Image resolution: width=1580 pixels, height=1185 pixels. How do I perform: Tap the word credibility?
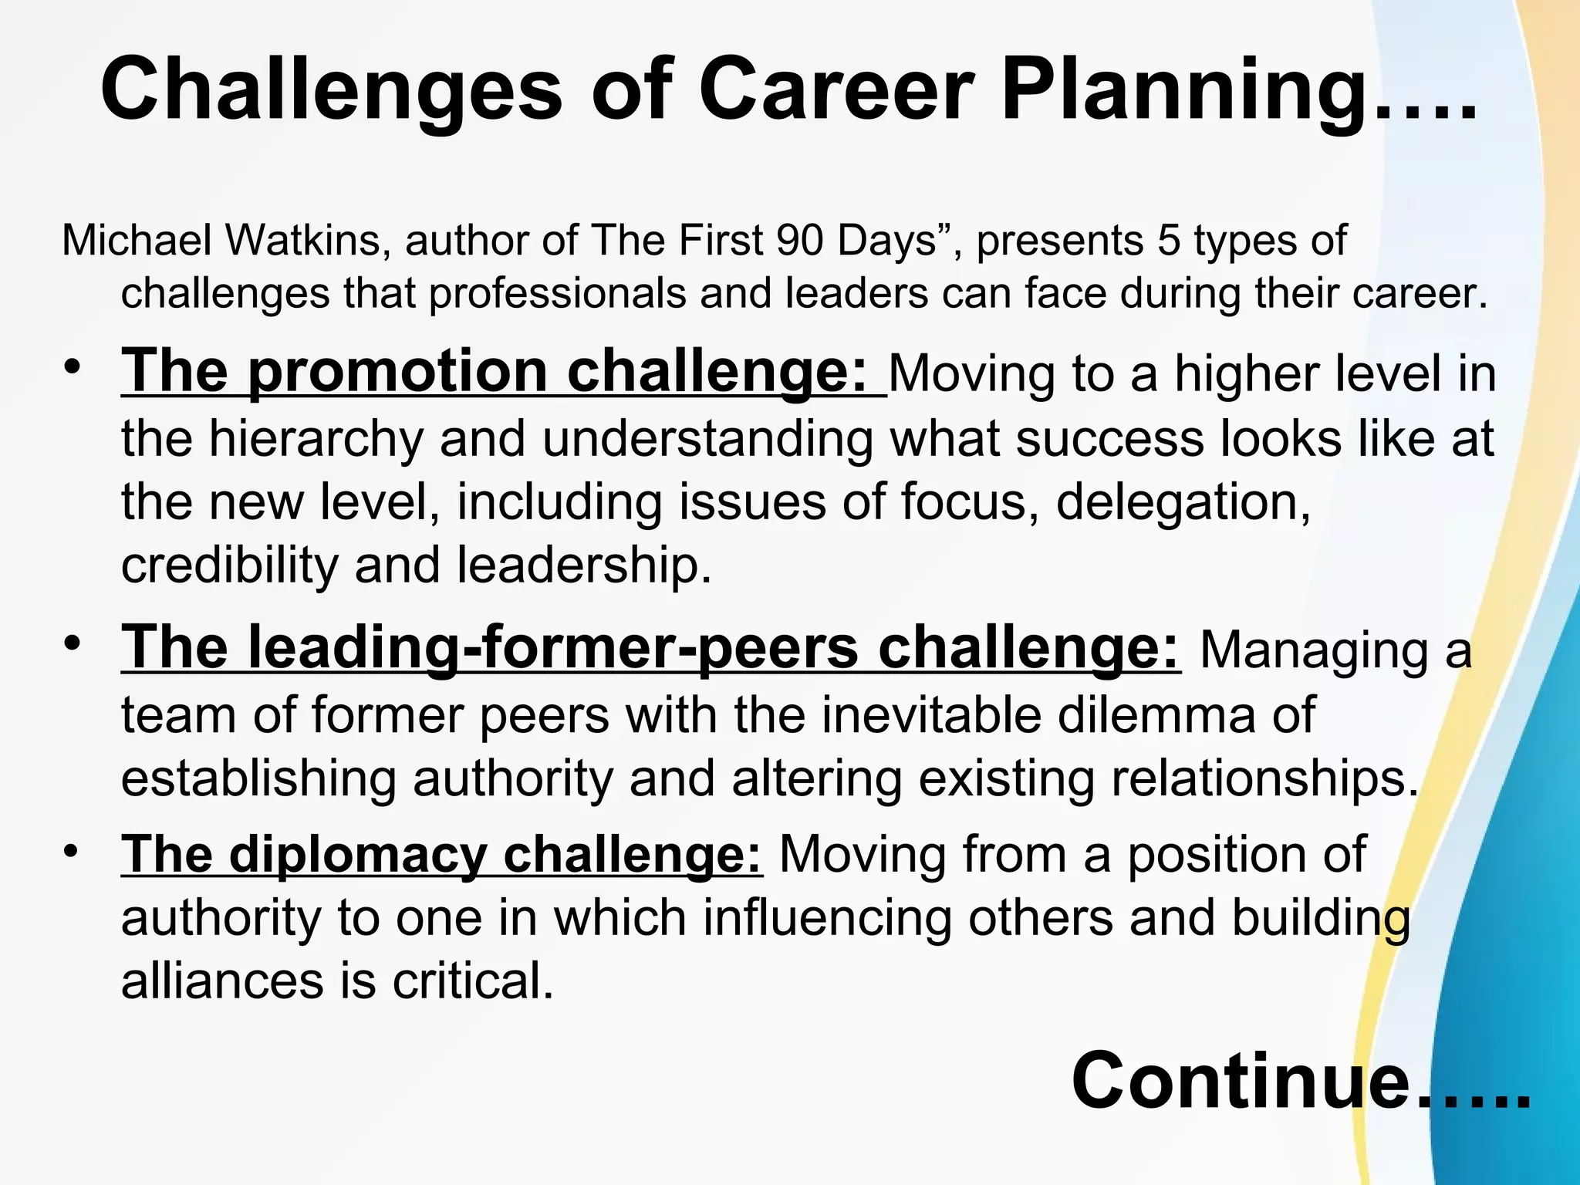pyautogui.click(x=229, y=565)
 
